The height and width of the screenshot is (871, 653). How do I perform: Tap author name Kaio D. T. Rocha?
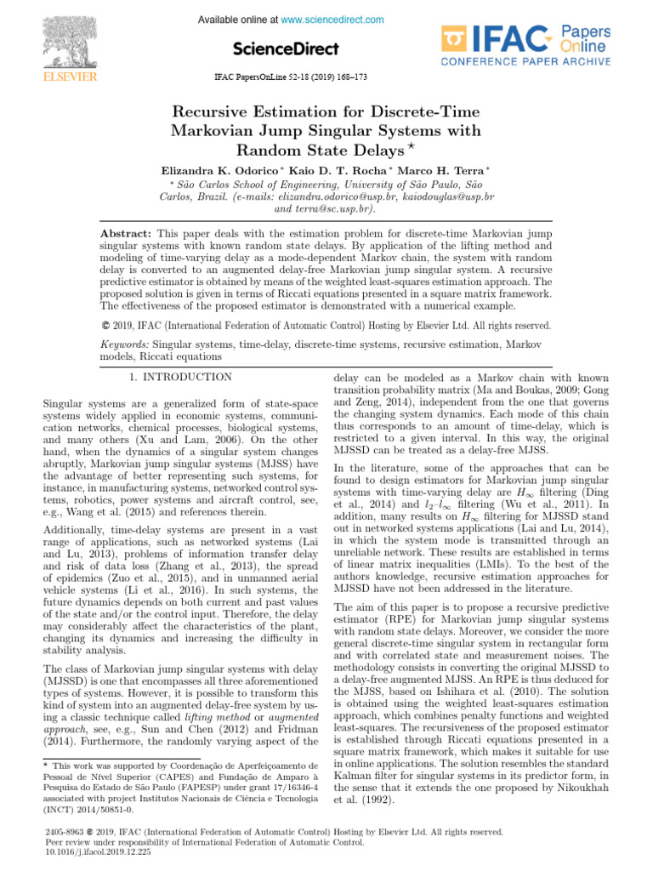point(344,171)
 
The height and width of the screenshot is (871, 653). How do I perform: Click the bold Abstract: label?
point(126,232)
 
